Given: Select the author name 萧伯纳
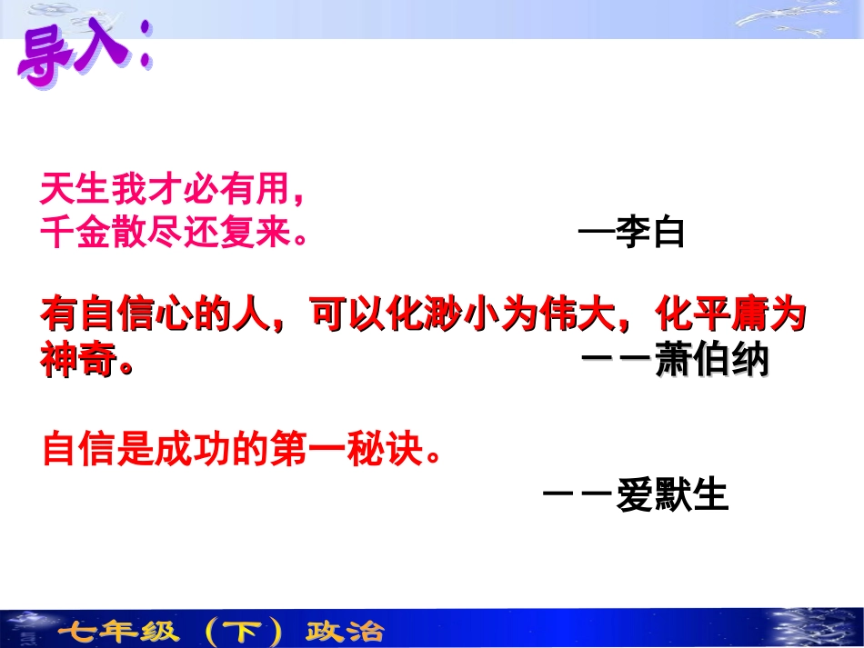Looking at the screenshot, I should (712, 361).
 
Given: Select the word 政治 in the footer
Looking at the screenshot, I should (345, 631).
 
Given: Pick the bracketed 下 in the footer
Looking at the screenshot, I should (240, 631).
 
